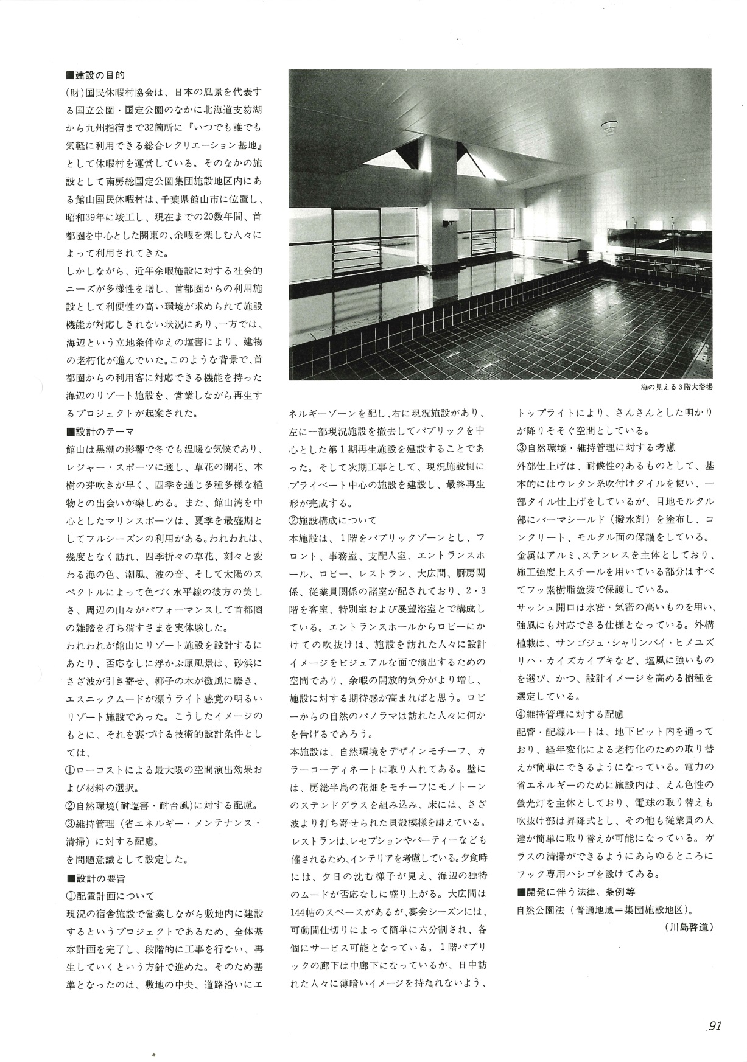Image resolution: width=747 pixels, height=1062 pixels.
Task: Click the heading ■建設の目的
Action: pos(95,75)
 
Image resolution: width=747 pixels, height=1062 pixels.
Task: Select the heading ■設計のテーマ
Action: pos(99,431)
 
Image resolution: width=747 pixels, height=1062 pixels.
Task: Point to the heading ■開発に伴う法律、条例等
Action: pos(575,892)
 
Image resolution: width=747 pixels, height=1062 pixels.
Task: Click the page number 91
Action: pos(715,1026)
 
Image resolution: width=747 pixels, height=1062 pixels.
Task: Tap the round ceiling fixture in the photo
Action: pos(609,127)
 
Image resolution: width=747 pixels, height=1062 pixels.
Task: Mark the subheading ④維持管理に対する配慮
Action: pos(570,714)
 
